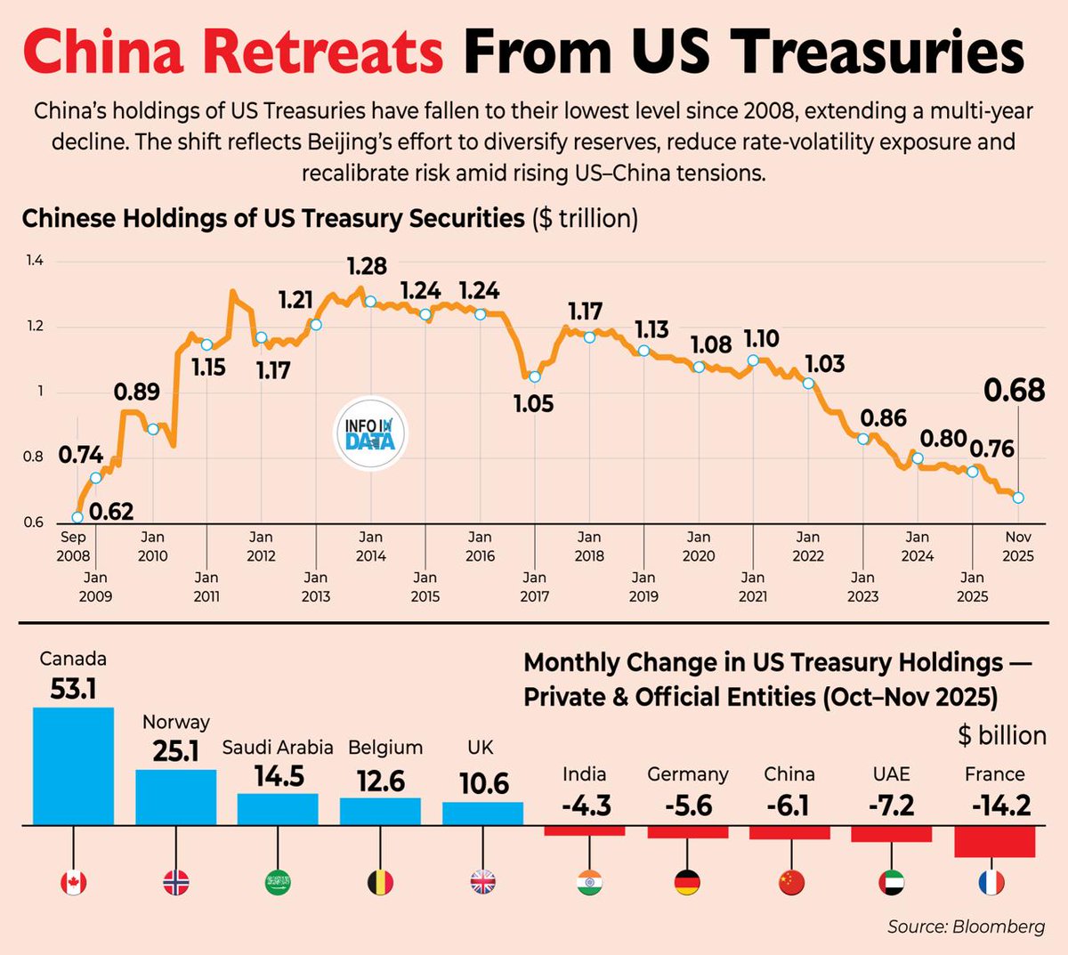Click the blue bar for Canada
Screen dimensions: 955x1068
coord(73,765)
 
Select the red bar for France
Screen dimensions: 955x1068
coord(994,841)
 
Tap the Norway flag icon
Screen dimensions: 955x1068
coord(176,882)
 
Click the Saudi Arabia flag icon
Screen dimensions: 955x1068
coord(278,882)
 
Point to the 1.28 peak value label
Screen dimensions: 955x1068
coord(367,266)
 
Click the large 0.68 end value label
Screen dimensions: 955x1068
coord(1014,390)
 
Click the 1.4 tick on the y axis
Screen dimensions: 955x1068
coord(35,261)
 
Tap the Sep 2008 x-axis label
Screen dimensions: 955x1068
coord(73,546)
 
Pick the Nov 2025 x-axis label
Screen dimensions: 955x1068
coord(1018,546)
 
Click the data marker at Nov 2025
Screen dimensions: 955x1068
coord(1018,498)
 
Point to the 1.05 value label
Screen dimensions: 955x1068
coord(533,404)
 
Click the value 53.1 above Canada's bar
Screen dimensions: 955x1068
coord(73,688)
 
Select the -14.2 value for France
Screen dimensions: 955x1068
coord(1001,805)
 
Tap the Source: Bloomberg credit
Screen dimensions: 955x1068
coord(966,927)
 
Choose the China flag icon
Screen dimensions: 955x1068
coord(790,882)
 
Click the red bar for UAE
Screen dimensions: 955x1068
coord(892,834)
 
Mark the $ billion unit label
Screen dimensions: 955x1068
coord(1001,735)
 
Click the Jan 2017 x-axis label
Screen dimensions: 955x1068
coord(534,587)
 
